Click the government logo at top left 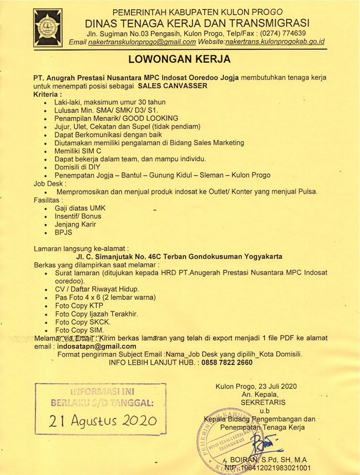click(x=48, y=28)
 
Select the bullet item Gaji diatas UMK click(x=80, y=208)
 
